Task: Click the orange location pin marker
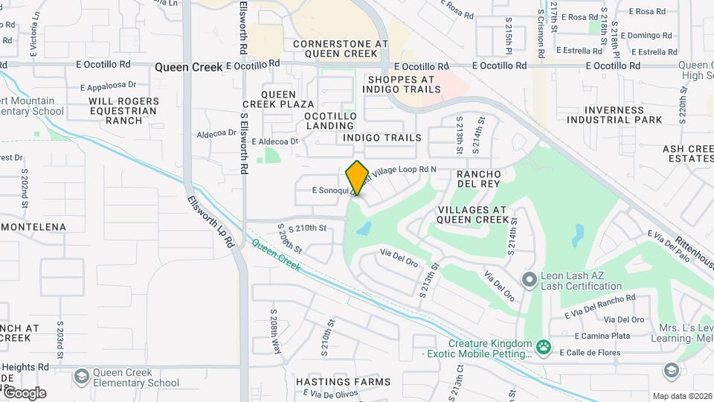click(x=357, y=178)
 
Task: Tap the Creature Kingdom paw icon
click(x=544, y=346)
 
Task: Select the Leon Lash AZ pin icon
click(x=530, y=281)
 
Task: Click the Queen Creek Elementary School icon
click(x=81, y=376)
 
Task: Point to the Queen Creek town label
click(x=188, y=67)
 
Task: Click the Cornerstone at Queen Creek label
click(x=341, y=49)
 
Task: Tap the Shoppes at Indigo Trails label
click(x=402, y=84)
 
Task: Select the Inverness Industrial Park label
click(x=614, y=114)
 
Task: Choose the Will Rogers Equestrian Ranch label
click(x=123, y=110)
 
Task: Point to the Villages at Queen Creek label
click(x=473, y=214)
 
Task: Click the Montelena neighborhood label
click(x=33, y=226)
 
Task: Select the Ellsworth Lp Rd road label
click(x=210, y=222)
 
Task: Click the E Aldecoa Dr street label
click(x=274, y=141)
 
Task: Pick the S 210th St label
click(x=307, y=228)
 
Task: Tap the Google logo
click(x=25, y=393)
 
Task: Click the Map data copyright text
click(x=681, y=396)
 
